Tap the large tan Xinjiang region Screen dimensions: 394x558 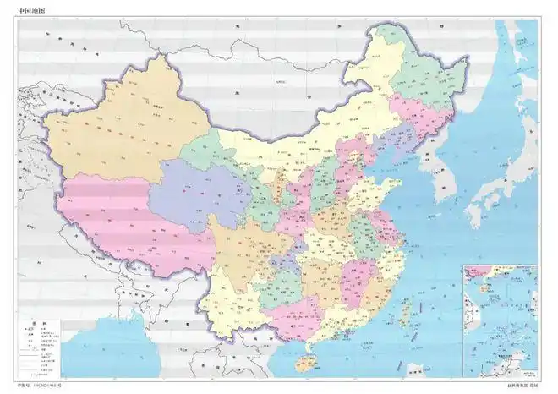[x=118, y=127]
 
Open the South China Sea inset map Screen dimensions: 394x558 [x=499, y=317]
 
